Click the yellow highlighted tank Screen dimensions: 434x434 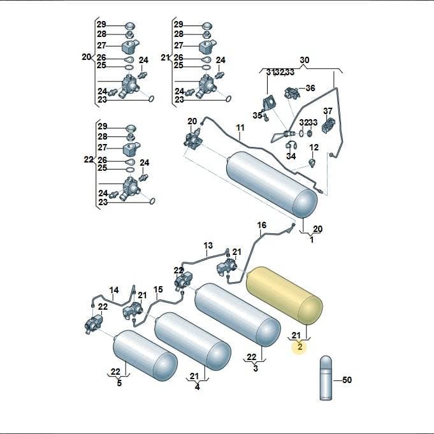pos(284,295)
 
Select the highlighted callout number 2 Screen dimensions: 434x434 pos(300,347)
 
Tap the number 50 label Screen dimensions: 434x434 pos(347,380)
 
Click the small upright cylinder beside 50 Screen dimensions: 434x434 pos(326,378)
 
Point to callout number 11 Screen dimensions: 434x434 pos(240,128)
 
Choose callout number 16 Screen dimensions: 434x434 pos(261,225)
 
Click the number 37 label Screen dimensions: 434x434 pos(328,111)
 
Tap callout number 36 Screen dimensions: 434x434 pos(310,88)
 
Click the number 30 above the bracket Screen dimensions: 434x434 pos(305,60)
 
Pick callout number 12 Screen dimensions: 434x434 pos(314,147)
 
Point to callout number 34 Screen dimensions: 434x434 pos(291,156)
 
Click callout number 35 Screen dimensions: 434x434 pos(257,115)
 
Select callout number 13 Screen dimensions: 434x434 pos(208,245)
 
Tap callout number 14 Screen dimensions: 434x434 pos(114,290)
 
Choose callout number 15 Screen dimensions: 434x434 pos(158,289)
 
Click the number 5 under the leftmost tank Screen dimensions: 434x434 pos(119,383)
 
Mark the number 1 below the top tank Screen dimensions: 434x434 pos(312,240)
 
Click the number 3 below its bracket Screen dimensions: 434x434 pos(256,368)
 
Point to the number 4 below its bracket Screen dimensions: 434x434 pos(197,387)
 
